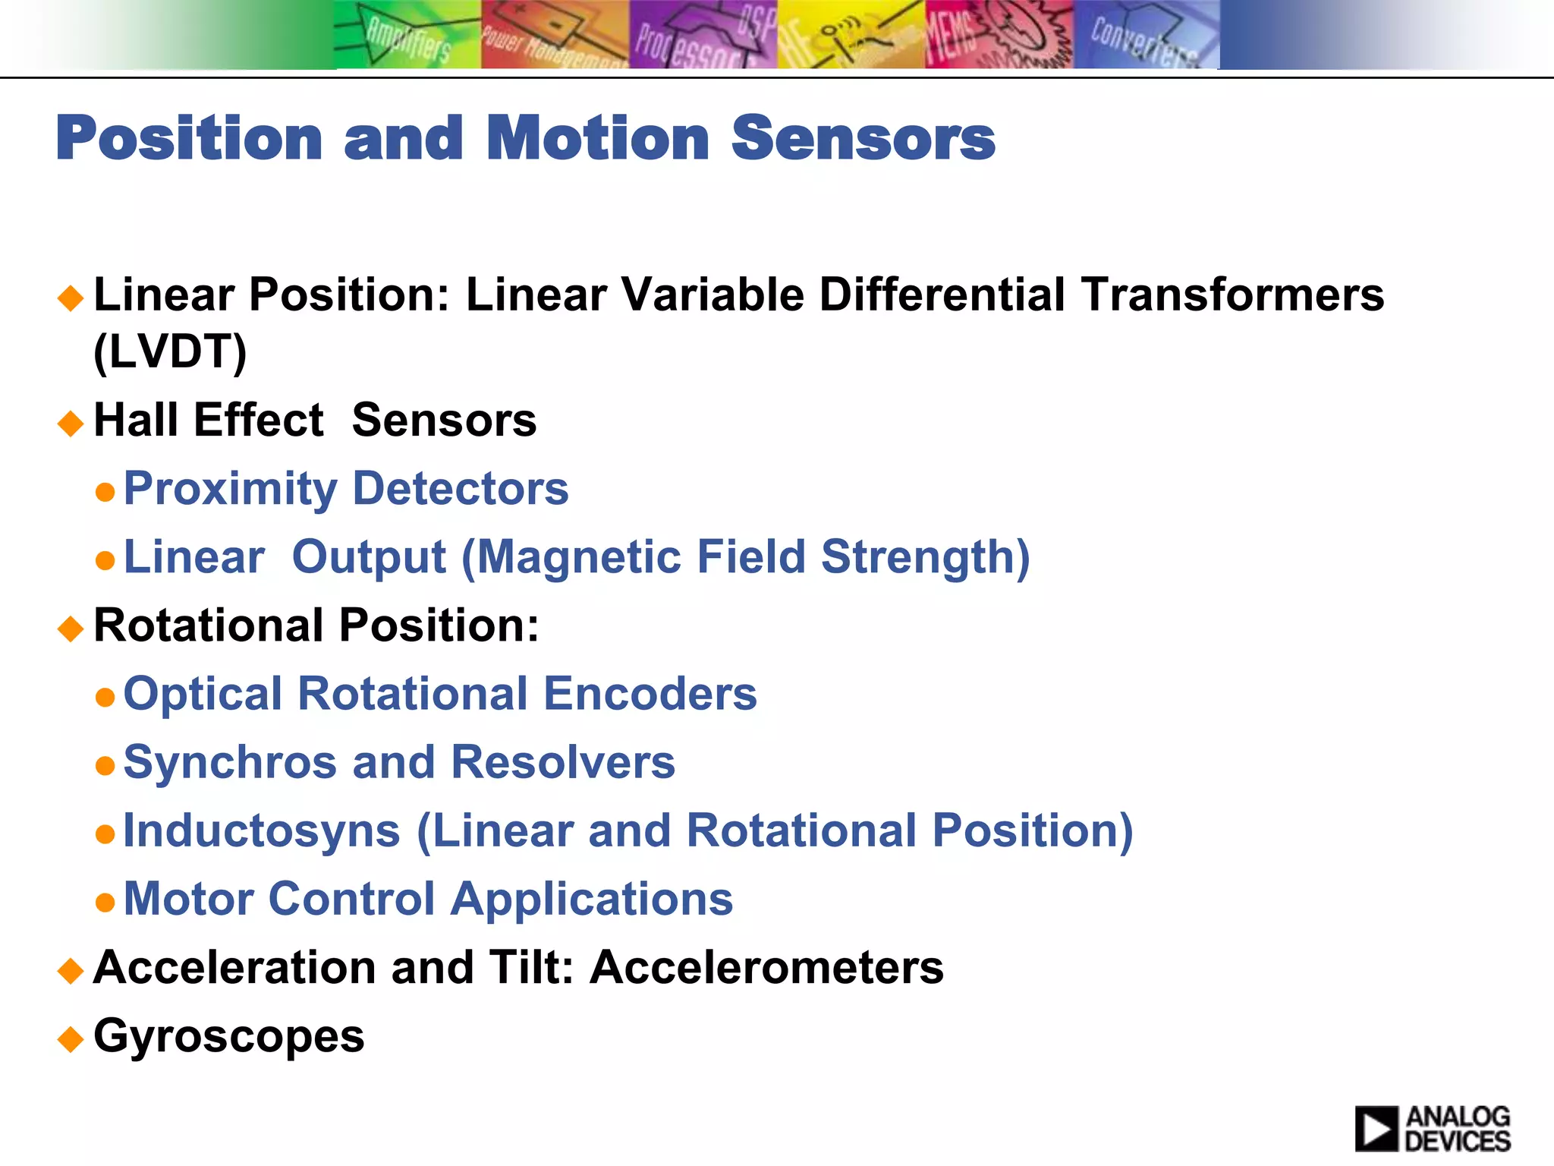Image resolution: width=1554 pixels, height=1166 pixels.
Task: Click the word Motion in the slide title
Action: click(598, 139)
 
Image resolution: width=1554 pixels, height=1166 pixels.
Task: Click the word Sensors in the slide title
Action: click(863, 139)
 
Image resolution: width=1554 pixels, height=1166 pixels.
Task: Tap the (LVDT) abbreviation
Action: click(170, 351)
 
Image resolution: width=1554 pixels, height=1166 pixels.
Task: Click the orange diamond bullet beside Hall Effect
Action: click(71, 422)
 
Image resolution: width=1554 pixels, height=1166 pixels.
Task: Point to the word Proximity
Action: click(230, 489)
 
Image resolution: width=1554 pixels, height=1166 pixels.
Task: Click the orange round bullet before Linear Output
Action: click(105, 560)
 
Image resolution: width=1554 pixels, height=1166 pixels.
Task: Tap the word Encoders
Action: click(650, 694)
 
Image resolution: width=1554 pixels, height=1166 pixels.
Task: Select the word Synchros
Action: click(230, 762)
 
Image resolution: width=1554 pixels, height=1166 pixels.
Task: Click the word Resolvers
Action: click(563, 762)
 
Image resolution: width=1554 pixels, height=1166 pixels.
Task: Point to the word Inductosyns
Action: click(261, 830)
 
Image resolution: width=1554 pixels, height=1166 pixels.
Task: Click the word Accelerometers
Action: click(767, 968)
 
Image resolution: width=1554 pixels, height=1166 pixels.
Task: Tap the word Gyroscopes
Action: click(228, 1036)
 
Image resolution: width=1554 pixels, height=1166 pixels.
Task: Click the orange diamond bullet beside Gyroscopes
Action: click(71, 1038)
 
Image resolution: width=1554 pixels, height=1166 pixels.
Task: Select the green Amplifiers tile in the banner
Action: click(407, 35)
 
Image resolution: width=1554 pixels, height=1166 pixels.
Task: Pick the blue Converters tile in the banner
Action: click(1146, 35)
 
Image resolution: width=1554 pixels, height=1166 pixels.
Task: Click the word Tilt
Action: click(530, 968)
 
